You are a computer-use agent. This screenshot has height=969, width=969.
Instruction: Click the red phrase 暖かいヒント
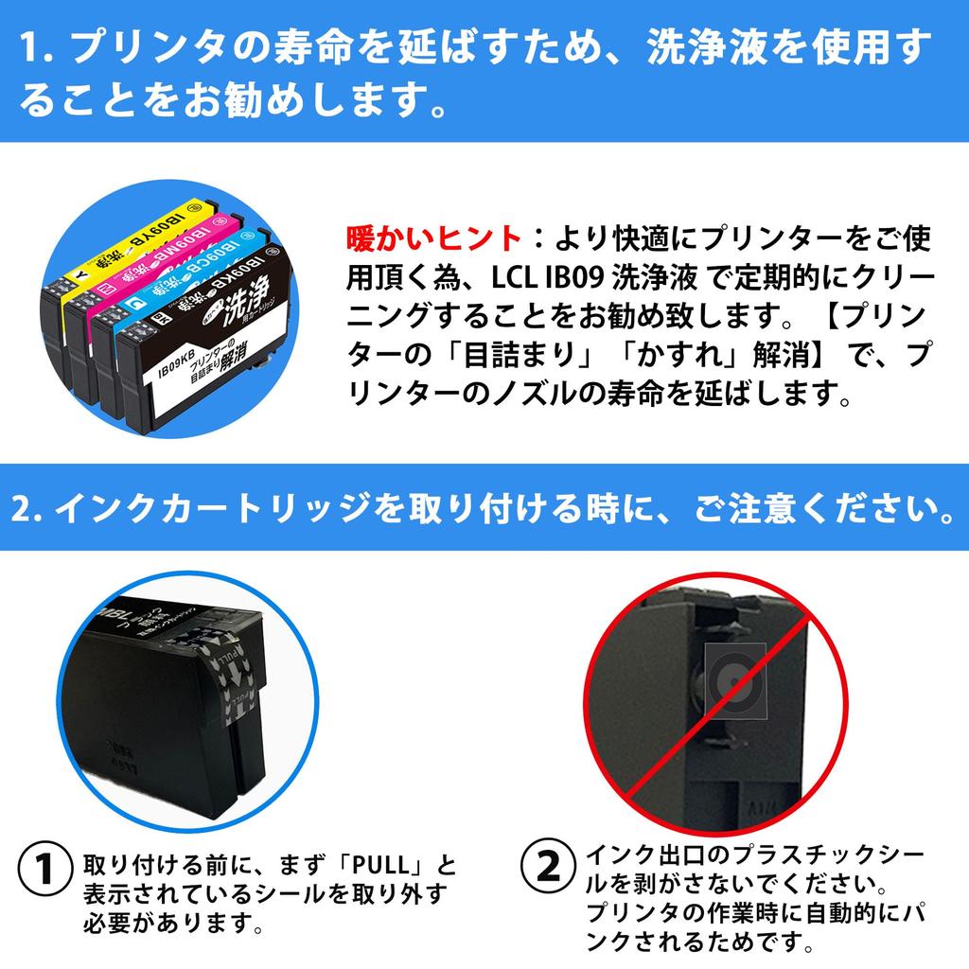(x=433, y=237)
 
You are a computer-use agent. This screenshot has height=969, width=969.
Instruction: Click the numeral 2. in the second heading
(x=26, y=510)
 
